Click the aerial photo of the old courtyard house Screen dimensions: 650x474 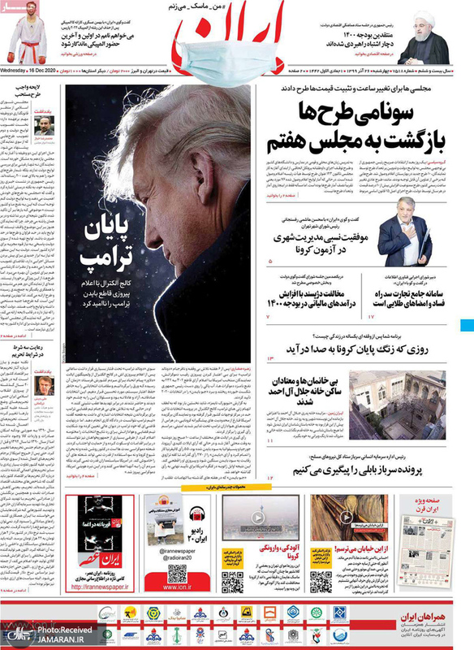tap(398, 402)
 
